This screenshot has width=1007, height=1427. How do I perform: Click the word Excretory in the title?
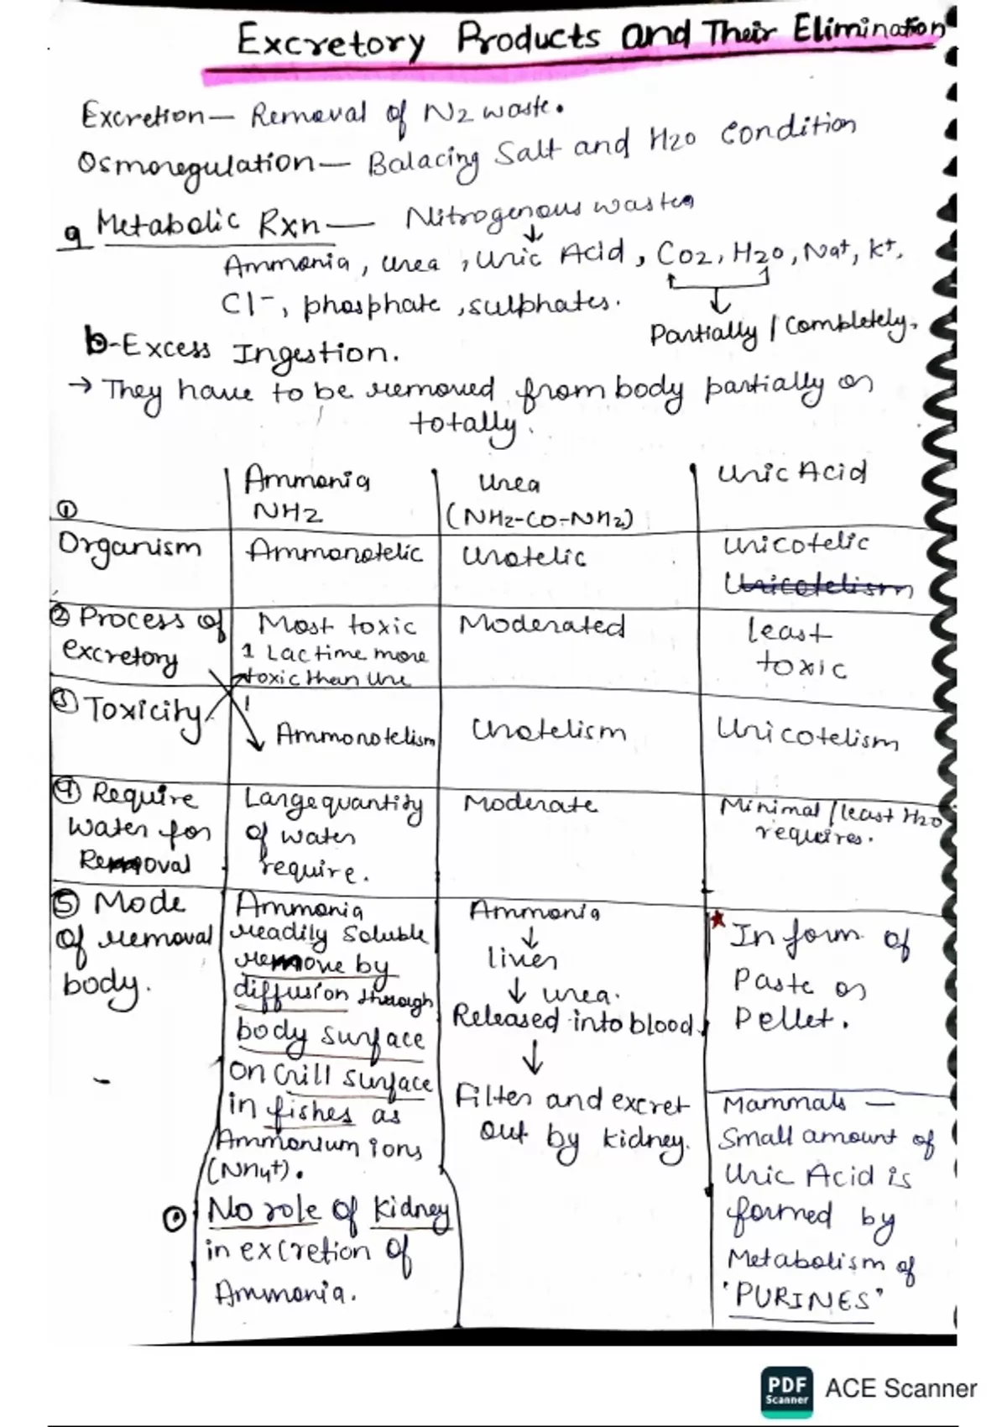tap(331, 40)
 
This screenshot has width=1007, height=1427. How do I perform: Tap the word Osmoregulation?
tap(195, 163)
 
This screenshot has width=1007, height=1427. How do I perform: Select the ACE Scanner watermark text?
tap(900, 1388)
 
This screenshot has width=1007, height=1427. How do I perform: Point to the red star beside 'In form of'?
tap(718, 920)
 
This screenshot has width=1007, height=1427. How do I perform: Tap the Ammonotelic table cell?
tap(334, 552)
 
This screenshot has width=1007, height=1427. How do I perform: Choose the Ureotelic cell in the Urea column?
tap(524, 556)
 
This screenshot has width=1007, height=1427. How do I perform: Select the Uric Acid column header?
tap(790, 473)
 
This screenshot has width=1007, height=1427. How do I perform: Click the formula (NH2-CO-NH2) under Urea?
tap(540, 519)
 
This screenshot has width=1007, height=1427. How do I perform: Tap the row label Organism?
tap(129, 548)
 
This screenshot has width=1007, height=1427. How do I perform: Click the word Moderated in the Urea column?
tap(542, 625)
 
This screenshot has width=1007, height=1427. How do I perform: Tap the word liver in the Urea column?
tap(522, 958)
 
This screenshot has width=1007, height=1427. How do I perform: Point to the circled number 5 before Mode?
tap(67, 905)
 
